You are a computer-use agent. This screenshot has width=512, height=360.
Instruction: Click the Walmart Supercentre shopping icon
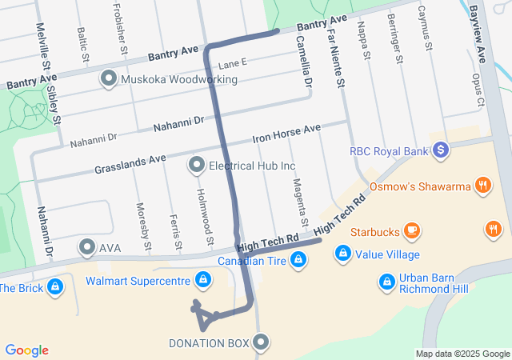[203, 279]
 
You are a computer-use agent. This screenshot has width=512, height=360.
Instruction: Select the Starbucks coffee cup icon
[411, 231]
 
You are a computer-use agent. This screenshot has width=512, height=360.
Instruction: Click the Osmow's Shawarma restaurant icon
[482, 186]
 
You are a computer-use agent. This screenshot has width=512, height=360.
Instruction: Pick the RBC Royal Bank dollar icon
[439, 150]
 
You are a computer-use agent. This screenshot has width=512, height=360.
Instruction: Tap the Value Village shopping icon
[342, 254]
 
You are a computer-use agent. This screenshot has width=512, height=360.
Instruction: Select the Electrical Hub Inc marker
[196, 166]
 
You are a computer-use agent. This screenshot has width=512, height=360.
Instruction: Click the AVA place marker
[86, 247]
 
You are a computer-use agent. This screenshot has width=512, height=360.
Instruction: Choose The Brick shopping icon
[54, 286]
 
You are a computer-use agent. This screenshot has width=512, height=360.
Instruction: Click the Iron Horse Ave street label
[286, 134]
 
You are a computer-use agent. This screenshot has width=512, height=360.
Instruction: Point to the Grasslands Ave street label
[130, 164]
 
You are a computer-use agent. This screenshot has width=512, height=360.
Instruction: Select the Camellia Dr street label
[303, 61]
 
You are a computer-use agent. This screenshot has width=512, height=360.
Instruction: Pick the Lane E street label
[233, 62]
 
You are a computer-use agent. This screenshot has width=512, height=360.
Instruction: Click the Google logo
[26, 350]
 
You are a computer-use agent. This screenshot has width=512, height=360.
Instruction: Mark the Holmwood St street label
[206, 218]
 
